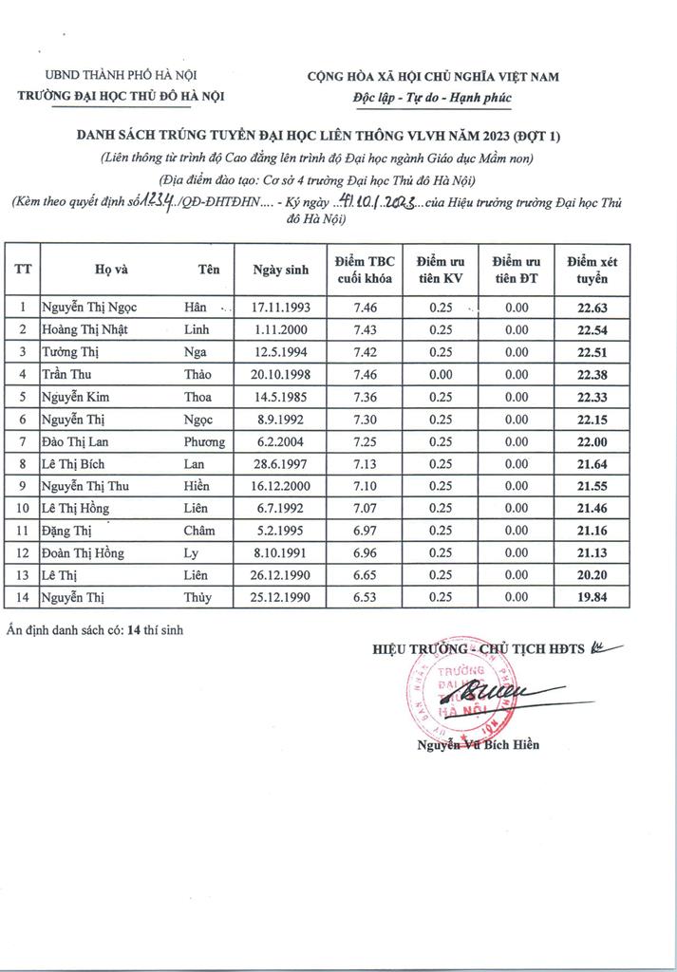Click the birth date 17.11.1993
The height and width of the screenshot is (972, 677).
tap(281, 308)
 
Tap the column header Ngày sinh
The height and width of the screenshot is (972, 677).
tap(281, 270)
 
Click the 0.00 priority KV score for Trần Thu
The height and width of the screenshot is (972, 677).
tap(440, 374)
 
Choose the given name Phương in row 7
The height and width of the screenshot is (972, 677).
tap(204, 441)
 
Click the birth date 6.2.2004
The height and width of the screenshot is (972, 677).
tap(281, 441)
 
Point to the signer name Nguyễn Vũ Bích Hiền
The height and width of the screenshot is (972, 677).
tap(478, 745)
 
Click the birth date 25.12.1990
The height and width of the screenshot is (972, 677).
tap(281, 597)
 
